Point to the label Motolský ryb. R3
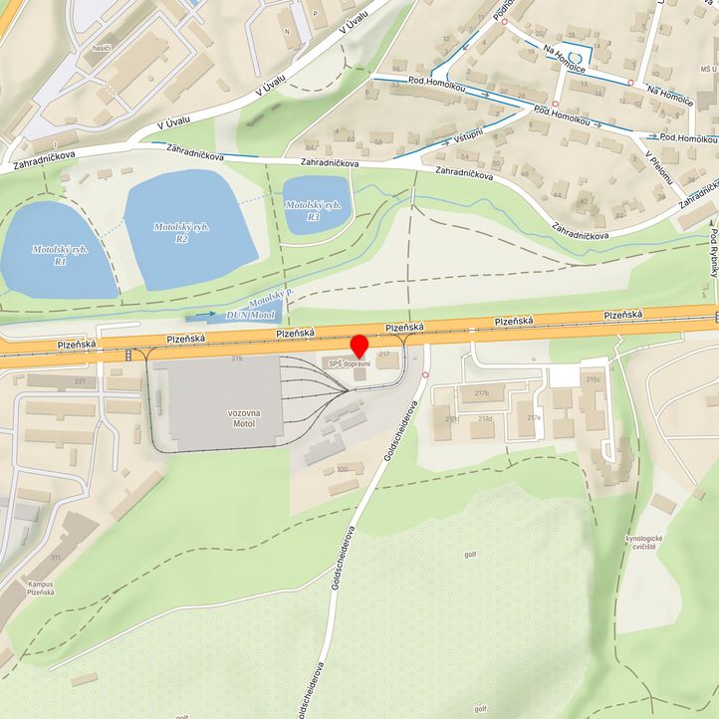point(314,210)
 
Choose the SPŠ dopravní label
point(350,364)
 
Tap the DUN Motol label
point(251,315)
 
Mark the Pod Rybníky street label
point(714,249)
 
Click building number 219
point(237,358)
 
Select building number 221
point(52,381)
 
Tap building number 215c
point(595,378)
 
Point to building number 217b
point(482,392)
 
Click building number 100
point(343,468)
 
